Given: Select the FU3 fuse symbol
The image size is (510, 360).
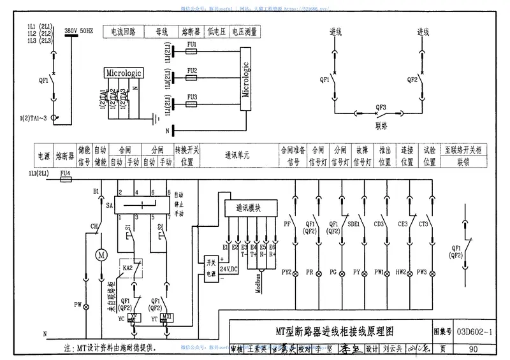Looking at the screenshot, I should pyautogui.click(x=192, y=103).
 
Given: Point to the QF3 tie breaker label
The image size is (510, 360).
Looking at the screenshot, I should pyautogui.click(x=381, y=108).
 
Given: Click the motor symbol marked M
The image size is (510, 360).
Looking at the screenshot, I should pyautogui.click(x=99, y=255).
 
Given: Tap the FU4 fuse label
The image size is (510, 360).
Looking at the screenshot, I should pyautogui.click(x=65, y=172).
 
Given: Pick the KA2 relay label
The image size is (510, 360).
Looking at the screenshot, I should pyautogui.click(x=127, y=268).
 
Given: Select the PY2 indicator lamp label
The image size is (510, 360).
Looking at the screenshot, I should pyautogui.click(x=286, y=272).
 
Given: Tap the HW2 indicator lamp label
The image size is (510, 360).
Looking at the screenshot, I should pyautogui.click(x=400, y=272).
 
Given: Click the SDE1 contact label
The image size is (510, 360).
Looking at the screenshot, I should pyautogui.click(x=353, y=224).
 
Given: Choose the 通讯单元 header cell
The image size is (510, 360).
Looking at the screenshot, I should pyautogui.click(x=237, y=155).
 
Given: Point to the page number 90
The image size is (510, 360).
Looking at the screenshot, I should pyautogui.click(x=472, y=349).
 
